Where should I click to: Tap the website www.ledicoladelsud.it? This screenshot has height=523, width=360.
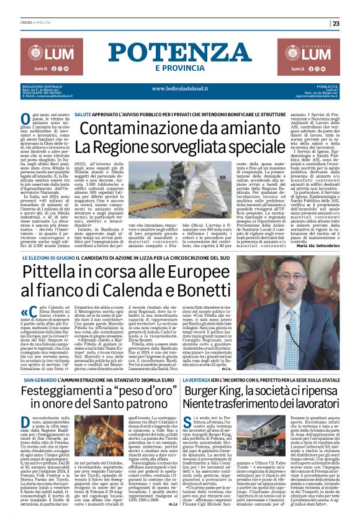pyautogui.click(x=180, y=89)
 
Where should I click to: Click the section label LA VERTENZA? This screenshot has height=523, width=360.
pyautogui.click(x=197, y=343)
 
